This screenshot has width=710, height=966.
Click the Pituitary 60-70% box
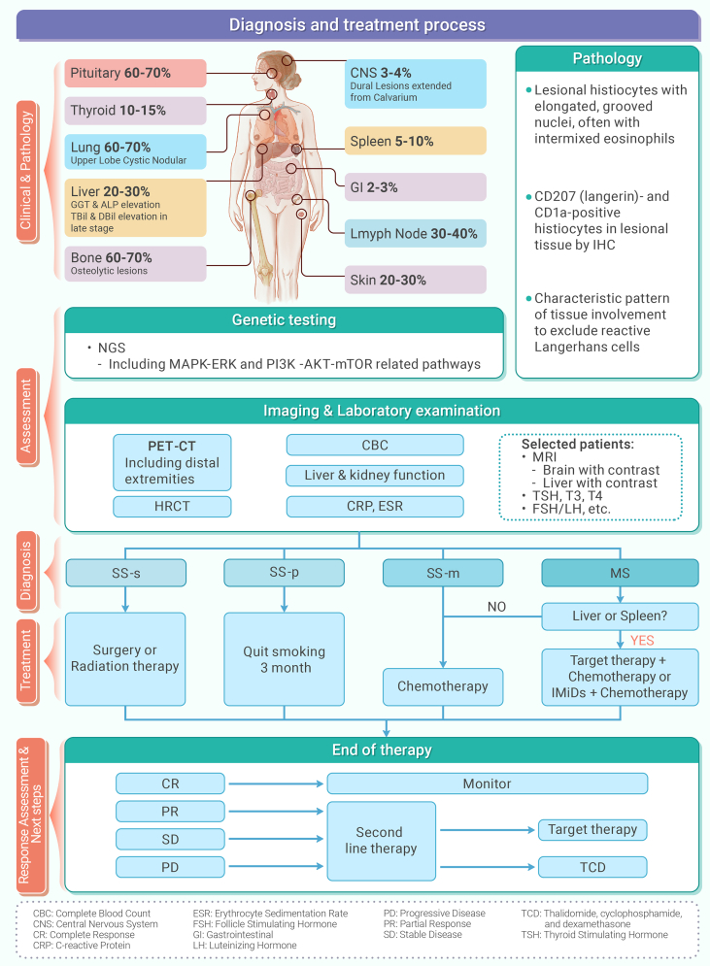[x=136, y=73]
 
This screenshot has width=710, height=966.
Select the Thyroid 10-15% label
[x=136, y=111]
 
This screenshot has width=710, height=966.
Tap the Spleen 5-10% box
[x=416, y=141]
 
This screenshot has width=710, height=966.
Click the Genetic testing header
[x=284, y=320]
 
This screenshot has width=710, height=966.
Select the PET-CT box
[x=173, y=462]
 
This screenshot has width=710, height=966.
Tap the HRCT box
[x=173, y=507]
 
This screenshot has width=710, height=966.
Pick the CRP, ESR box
[x=374, y=507]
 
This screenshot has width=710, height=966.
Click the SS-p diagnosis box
[x=284, y=574]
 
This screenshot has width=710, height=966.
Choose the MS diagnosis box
[x=619, y=574]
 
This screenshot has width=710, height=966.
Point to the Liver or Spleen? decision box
[x=619, y=616]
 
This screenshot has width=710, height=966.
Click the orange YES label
[x=642, y=640]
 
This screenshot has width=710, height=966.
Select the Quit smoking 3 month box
[x=284, y=659]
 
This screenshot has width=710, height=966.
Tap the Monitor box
[x=487, y=783]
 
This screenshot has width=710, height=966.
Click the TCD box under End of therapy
[x=592, y=866]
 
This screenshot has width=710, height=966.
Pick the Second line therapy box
[x=380, y=840]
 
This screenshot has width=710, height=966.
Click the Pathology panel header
[x=607, y=59]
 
